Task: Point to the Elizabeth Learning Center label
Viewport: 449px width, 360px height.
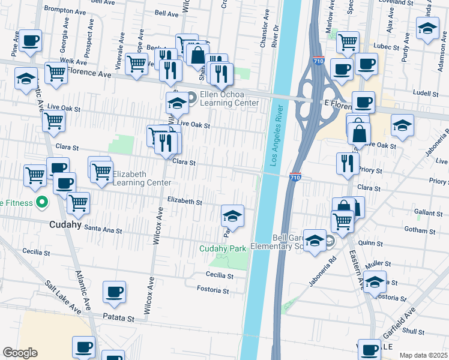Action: [129, 178]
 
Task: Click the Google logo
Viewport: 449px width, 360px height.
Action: [20, 353]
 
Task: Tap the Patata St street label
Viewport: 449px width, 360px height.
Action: [118, 317]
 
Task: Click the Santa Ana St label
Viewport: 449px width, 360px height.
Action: [103, 229]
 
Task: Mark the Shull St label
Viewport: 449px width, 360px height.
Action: [414, 331]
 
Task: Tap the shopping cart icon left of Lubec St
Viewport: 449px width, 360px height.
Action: [348, 42]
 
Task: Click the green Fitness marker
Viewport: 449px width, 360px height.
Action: [41, 203]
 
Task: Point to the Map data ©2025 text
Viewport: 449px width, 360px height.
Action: [423, 355]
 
